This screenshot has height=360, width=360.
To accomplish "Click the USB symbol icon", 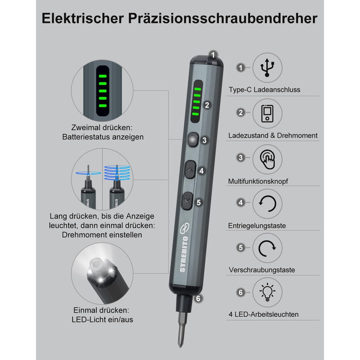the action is pyautogui.click(x=267, y=67).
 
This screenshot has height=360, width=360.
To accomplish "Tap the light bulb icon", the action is pyautogui.click(x=267, y=292).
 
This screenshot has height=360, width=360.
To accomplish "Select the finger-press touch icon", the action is pyautogui.click(x=267, y=159).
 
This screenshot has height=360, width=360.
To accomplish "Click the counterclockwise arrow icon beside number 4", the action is pyautogui.click(x=267, y=204).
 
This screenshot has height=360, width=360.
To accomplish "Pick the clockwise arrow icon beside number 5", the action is pyautogui.click(x=267, y=248).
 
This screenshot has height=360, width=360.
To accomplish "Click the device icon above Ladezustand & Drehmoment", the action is pyautogui.click(x=267, y=114).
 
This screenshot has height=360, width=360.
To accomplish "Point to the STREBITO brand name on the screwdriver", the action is pyautogui.click(x=184, y=254).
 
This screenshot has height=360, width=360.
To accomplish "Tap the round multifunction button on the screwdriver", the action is pyautogui.click(x=193, y=139).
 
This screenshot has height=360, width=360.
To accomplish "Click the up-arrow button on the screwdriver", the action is pyautogui.click(x=190, y=170).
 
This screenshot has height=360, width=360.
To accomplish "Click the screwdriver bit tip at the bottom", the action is pyautogui.click(x=181, y=344).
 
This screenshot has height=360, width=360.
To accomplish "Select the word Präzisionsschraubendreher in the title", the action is pyautogui.click(x=223, y=19).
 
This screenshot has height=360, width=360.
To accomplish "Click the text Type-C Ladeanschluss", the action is pyautogui.click(x=264, y=89).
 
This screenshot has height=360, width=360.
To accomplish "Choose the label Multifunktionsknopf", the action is pyautogui.click(x=258, y=181).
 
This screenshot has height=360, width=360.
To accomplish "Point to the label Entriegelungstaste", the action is pyautogui.click(x=257, y=226).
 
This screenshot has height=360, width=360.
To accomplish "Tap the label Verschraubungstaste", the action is pyautogui.click(x=262, y=270).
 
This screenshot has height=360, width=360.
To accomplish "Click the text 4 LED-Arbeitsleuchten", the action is pyautogui.click(x=263, y=314).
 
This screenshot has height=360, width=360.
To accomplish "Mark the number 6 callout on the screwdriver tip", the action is pyautogui.click(x=199, y=298).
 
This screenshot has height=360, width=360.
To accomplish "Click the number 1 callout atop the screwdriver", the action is pyautogui.click(x=213, y=55).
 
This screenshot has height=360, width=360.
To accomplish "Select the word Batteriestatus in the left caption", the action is pyautogui.click(x=85, y=137).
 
